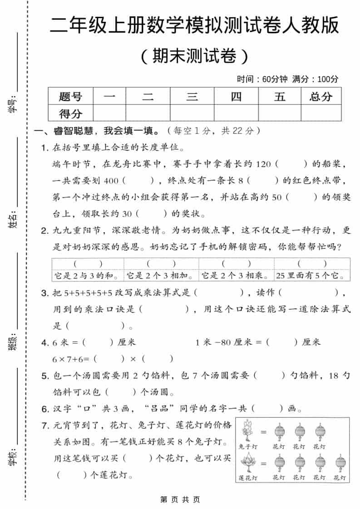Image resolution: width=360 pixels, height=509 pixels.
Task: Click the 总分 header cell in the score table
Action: coord(321,96)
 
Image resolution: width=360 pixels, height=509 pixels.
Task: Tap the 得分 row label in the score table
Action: coord(70,113)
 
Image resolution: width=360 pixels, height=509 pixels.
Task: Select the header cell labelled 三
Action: coord(192,96)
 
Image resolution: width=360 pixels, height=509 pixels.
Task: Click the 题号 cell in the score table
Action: coord(70,96)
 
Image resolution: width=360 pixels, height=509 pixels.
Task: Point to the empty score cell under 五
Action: coord(280,113)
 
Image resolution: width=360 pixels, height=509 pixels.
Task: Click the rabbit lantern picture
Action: coord(248,431)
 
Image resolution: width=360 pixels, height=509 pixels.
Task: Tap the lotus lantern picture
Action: coord(248,463)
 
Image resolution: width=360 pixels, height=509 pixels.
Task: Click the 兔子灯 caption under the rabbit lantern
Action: coord(248,446)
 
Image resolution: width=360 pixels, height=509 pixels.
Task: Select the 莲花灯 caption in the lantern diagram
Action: coord(248,478)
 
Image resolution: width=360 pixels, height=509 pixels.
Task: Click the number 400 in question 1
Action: coord(111,181)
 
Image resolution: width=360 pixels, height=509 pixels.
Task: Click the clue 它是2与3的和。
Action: coord(88,275)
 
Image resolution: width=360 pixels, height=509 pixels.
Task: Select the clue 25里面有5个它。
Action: coord(312,275)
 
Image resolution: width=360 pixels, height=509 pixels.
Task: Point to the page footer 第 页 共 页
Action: coord(180,499)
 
